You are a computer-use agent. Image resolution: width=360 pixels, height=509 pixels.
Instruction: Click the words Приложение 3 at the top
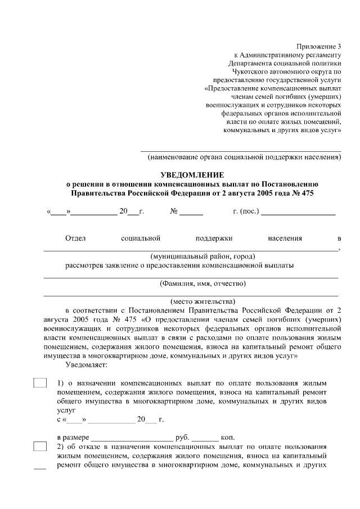(x=319, y=46)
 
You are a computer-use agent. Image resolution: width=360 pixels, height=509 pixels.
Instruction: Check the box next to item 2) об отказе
(x=40, y=447)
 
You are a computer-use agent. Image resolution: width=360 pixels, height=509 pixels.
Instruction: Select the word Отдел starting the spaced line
(x=75, y=238)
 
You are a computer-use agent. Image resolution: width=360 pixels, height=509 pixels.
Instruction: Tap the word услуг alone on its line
(x=66, y=411)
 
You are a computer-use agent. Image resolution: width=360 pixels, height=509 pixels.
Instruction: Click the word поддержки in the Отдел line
(x=214, y=238)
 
